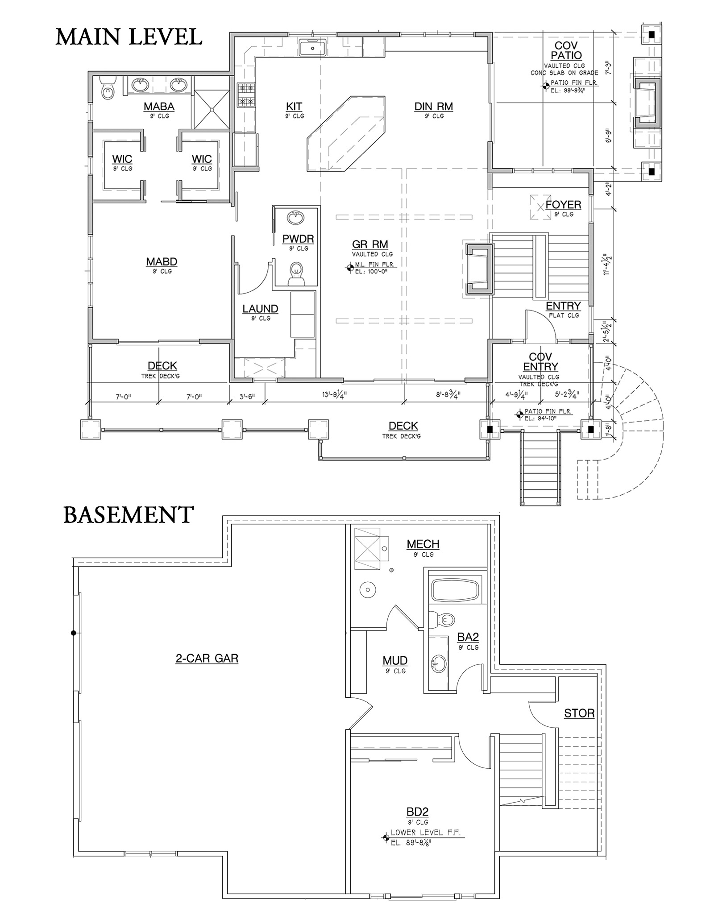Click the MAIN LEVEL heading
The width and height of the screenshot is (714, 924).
[x=129, y=37]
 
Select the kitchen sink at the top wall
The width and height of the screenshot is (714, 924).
[x=312, y=48]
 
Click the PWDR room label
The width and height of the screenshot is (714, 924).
[x=298, y=239]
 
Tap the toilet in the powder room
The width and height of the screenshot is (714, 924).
[x=296, y=273]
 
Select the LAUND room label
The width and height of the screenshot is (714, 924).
[x=260, y=309]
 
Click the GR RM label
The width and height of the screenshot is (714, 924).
[x=370, y=244]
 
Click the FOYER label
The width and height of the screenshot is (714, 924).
[x=563, y=205]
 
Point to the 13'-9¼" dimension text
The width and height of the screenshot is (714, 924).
[x=334, y=395]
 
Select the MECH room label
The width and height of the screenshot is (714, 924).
[x=423, y=544]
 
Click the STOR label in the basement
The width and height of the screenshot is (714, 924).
[x=579, y=713]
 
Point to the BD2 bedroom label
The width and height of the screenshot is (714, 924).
[x=418, y=812]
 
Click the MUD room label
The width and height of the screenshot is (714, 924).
[x=395, y=660]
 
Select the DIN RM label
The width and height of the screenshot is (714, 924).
[x=433, y=107]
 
